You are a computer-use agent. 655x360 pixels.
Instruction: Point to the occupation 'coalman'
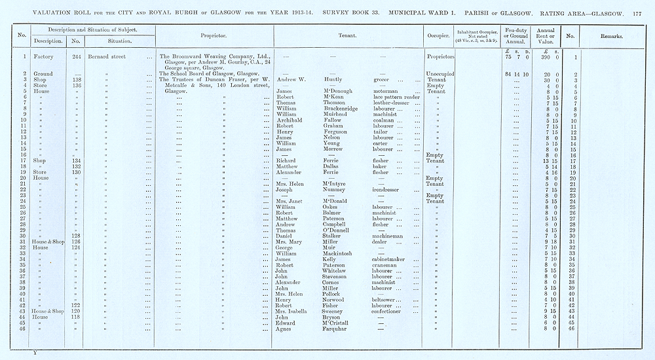pos(384,120)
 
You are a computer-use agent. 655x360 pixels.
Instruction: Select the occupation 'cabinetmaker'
pos(390,259)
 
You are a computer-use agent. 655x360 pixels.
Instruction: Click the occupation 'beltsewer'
pos(386,300)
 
